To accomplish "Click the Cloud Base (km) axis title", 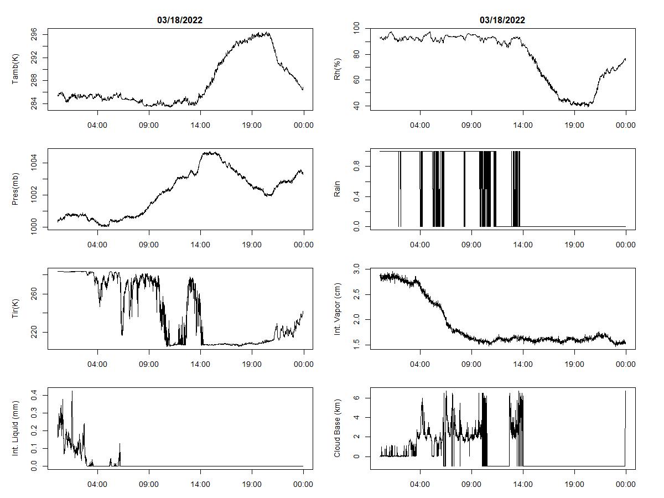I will (x=337, y=428).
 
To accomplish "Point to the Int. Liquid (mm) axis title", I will (x=15, y=428).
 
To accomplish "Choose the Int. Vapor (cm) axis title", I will (x=337, y=309).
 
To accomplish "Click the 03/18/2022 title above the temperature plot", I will (x=180, y=20).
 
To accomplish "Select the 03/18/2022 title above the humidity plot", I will (x=502, y=20).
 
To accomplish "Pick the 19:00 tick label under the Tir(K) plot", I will (x=252, y=364).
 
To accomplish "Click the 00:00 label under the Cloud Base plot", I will (x=626, y=484).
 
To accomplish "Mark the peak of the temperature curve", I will (x=268, y=33).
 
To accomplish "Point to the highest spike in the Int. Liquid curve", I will (x=72, y=391).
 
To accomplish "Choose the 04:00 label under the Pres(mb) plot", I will (x=98, y=245).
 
